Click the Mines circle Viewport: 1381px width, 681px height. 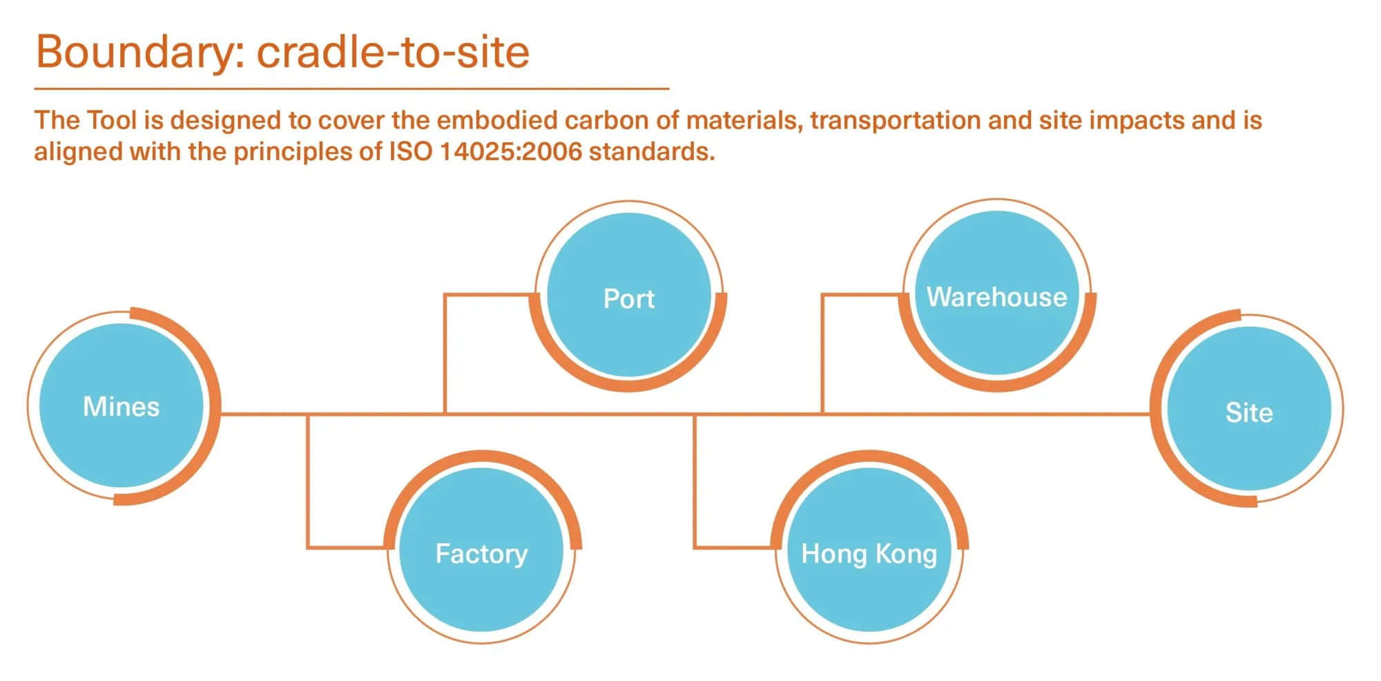(x=122, y=406)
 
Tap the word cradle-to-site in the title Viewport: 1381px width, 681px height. (x=393, y=52)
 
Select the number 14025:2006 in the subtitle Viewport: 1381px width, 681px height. (x=510, y=151)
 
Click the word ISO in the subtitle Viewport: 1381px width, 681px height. (x=410, y=151)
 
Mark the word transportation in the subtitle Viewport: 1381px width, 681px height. (x=895, y=120)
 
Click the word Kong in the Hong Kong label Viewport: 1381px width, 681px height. (x=906, y=553)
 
